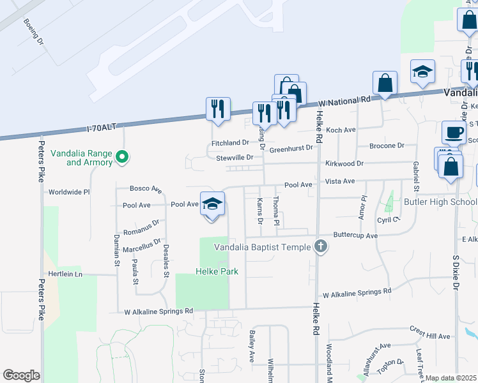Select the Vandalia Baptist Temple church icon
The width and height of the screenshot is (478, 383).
(321, 246)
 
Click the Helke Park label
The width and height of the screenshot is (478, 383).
(217, 271)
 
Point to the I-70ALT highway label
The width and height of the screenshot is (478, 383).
(102, 128)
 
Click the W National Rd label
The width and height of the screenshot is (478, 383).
(344, 101)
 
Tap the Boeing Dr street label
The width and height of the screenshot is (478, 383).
(33, 31)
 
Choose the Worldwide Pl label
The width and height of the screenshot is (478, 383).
(69, 191)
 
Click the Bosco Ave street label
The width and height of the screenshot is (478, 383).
(146, 189)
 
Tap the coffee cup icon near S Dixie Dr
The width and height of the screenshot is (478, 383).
(454, 132)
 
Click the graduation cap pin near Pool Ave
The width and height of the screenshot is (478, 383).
(212, 204)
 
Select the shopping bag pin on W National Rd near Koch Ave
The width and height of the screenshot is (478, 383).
(385, 83)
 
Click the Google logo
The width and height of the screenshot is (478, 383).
(21, 375)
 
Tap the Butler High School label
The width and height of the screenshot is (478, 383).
(440, 202)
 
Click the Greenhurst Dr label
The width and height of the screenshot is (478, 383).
(291, 149)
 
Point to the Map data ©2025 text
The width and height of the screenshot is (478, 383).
(451, 378)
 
